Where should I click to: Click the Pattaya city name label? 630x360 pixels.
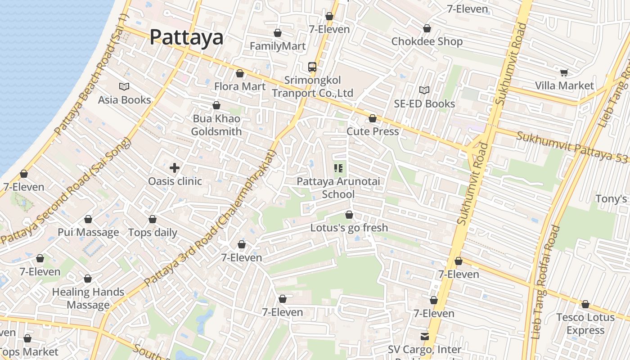186,37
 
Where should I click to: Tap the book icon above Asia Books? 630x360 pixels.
124,86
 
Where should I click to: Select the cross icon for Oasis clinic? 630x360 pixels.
175,168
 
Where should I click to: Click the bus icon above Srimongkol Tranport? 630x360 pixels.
312,67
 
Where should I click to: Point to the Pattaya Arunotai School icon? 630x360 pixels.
338,169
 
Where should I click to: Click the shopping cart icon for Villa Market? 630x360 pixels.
564,72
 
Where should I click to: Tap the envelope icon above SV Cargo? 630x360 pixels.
424,337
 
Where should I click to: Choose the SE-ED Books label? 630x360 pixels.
424,103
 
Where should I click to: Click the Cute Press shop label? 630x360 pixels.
373,131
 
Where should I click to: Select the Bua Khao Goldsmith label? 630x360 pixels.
216,125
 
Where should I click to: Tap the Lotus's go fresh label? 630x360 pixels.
349,228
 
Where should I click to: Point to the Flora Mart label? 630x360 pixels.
240,86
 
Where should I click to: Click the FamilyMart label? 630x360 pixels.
278,46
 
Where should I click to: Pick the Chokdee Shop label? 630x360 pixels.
427,41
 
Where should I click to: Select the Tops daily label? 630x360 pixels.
153,233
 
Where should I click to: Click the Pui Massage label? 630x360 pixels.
88,232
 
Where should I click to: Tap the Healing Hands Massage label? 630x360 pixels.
88,298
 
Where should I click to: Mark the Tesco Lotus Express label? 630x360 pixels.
585,324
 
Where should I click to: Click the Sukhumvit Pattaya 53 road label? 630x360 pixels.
572,146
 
